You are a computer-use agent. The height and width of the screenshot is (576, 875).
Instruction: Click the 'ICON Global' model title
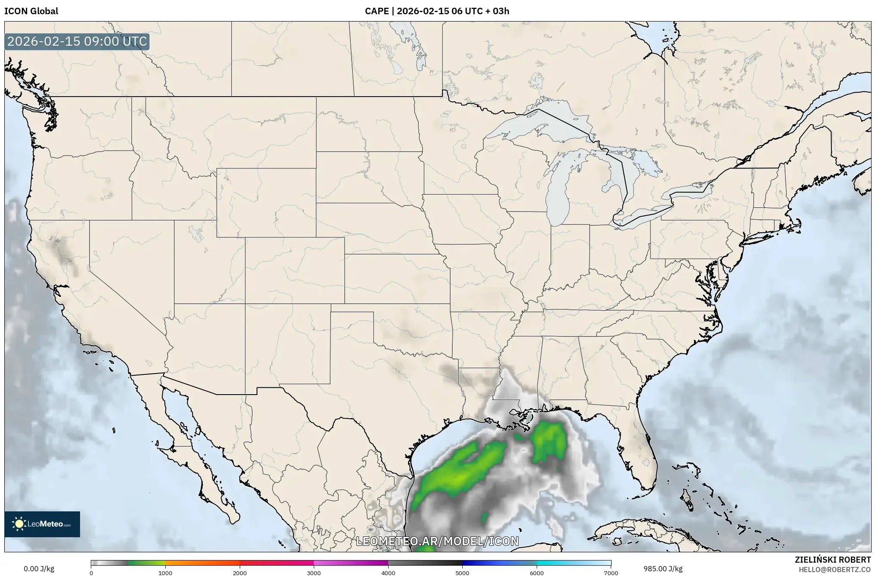click(x=31, y=11)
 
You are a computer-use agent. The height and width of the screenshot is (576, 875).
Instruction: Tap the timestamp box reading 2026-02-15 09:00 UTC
click(x=77, y=41)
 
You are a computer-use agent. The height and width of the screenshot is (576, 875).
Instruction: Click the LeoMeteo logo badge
click(x=42, y=524)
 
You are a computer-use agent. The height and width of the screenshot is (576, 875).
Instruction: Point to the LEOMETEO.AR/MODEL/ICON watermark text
click(x=437, y=541)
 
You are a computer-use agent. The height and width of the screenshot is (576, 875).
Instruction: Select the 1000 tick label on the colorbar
click(x=165, y=573)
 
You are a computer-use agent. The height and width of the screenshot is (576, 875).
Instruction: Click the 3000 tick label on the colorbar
click(x=314, y=573)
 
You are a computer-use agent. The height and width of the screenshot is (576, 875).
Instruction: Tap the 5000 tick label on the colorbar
click(x=462, y=573)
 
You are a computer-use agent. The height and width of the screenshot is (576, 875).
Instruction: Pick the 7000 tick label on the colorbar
click(x=611, y=573)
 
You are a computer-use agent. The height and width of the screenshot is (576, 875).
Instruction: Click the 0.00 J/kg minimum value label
click(x=39, y=569)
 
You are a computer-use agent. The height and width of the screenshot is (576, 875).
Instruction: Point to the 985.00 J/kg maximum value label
click(x=663, y=569)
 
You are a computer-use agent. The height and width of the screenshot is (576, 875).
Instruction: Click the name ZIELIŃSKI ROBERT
click(x=832, y=560)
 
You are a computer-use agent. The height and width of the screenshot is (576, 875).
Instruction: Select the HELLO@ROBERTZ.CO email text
click(x=835, y=570)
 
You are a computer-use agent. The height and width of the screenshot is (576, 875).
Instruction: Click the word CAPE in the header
click(x=377, y=11)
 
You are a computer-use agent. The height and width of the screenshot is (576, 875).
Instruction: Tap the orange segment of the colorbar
click(x=202, y=563)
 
